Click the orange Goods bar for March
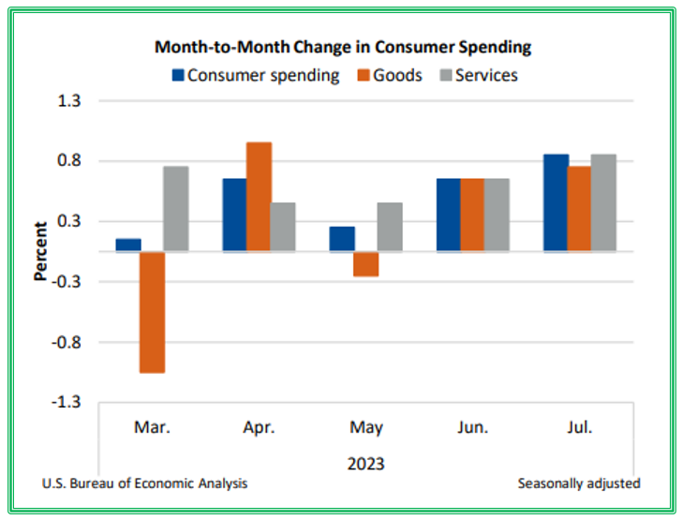point(152,312)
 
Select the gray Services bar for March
point(176,209)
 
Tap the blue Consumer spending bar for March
point(128,245)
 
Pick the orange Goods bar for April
point(259,197)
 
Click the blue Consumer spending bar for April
point(234,215)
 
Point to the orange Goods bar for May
point(366,264)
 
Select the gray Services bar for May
point(390,227)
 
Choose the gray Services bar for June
point(497,215)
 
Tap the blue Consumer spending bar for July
point(556,202)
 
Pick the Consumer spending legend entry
point(254,75)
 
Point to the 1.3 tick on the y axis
point(71,101)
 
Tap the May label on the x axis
point(366,428)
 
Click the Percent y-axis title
point(41,251)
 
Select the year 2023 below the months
point(366,463)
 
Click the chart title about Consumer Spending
point(342,47)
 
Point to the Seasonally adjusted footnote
point(578,483)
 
